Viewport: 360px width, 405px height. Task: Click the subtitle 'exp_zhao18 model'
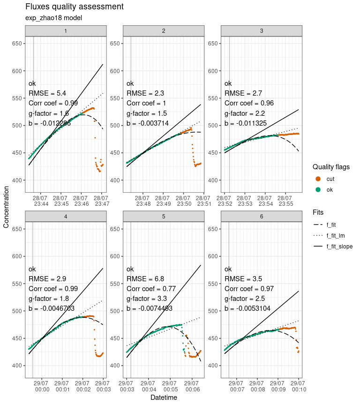coord(54,18)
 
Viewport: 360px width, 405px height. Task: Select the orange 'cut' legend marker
coord(318,179)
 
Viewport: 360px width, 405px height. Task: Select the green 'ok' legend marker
coord(318,189)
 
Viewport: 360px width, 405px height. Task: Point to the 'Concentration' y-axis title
coord(6,206)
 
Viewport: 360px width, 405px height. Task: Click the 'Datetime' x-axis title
coord(164,397)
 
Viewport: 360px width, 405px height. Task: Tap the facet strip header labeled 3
coord(261,30)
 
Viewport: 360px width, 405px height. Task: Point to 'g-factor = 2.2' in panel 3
coord(244,113)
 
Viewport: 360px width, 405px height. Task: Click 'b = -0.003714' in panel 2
coord(150,124)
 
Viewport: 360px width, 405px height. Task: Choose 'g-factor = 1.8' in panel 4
coord(49,299)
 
